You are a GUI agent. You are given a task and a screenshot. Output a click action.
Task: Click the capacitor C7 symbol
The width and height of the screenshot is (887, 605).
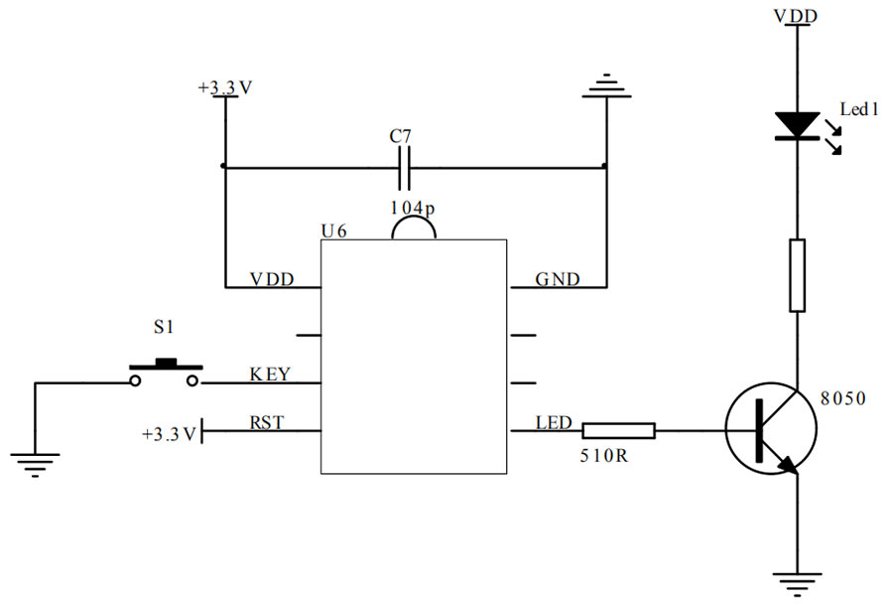[x=404, y=168]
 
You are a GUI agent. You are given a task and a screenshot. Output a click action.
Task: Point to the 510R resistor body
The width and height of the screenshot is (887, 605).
[x=617, y=430]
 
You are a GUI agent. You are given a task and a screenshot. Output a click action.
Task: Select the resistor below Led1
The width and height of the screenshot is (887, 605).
[x=797, y=275]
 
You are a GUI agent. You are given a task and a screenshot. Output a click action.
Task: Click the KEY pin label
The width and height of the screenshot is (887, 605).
[x=269, y=375]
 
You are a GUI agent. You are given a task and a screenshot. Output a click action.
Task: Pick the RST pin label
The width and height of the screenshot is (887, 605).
[x=267, y=422]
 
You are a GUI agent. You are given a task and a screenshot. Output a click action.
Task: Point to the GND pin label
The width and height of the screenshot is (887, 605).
[x=558, y=279]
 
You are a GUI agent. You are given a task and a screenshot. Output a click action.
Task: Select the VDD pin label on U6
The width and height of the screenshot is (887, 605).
[x=272, y=279]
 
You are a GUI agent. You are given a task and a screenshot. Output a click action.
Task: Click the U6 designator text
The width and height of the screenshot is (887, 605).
[x=334, y=230]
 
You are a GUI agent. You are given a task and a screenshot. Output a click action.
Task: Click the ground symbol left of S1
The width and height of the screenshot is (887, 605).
[x=35, y=463]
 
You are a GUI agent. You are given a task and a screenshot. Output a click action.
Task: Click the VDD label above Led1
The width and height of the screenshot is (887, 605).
[x=797, y=15]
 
